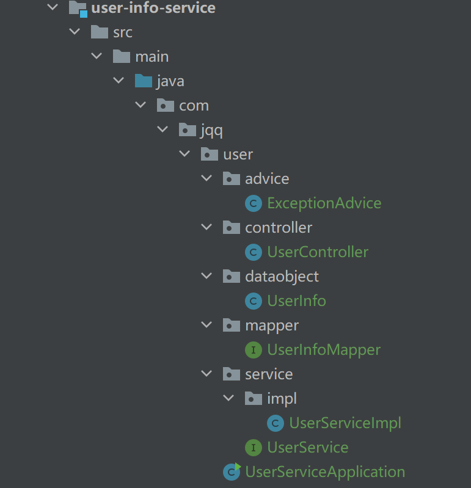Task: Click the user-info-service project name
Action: point(153,8)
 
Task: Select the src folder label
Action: point(122,32)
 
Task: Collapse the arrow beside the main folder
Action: point(97,56)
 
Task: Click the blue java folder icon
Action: point(143,81)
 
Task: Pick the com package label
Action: point(194,106)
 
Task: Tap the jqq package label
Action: point(212,130)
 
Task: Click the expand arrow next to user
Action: point(184,154)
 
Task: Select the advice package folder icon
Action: point(231,178)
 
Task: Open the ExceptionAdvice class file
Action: point(324,203)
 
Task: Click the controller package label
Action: point(279,228)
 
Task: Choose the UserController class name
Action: point(318,252)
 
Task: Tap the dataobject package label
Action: point(282,277)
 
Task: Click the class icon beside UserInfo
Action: point(253,301)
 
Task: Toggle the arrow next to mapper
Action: point(207,325)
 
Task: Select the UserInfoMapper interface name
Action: point(324,350)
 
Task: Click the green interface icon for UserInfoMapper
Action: point(253,350)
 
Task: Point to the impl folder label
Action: point(282,399)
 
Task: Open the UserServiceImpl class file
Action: point(345,423)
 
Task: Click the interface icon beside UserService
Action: point(253,448)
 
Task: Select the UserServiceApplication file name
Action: point(325,472)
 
